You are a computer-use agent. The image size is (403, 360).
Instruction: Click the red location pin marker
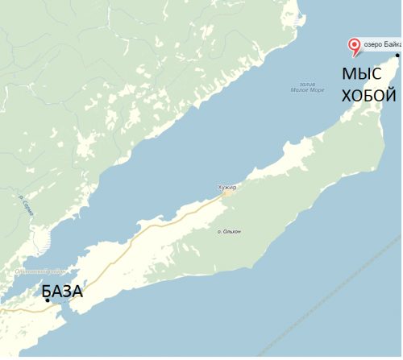352,46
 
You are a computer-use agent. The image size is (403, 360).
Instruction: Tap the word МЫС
359,75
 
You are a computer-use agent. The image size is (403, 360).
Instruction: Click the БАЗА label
62,291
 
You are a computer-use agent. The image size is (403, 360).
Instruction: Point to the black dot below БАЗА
48,301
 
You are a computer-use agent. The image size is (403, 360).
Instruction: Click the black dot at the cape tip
397,55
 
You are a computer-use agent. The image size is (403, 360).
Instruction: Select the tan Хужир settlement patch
229,192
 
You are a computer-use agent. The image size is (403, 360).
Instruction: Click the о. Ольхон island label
230,232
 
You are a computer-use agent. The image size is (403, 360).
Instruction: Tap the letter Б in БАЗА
48,291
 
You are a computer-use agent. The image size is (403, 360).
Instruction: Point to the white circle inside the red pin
352,43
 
